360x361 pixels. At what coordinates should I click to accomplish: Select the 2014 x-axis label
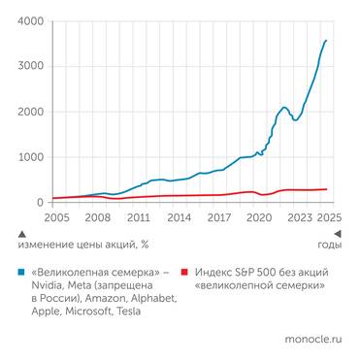pyautogui.click(x=178, y=220)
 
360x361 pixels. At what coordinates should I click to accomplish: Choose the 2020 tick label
pyautogui.click(x=259, y=220)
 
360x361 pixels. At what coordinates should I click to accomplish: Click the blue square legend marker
pyautogui.click(x=22, y=274)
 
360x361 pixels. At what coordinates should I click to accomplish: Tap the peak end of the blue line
pyautogui.click(x=327, y=40)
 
